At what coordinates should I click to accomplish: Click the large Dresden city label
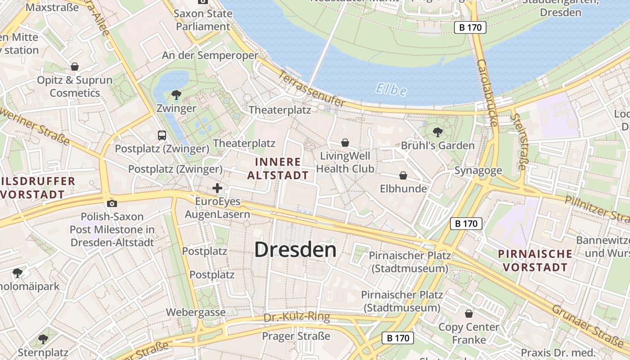pyautogui.click(x=295, y=249)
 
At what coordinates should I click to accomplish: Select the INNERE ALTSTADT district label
pyautogui.click(x=278, y=168)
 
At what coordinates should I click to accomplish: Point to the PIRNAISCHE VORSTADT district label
pyautogui.click(x=535, y=261)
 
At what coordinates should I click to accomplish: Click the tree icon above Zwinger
pyautogui.click(x=176, y=95)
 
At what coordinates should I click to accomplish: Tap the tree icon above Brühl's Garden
pyautogui.click(x=437, y=132)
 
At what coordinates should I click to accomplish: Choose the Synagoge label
pyautogui.click(x=478, y=171)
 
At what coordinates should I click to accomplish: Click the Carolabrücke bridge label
pyautogui.click(x=487, y=93)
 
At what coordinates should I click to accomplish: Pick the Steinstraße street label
pyautogui.click(x=518, y=141)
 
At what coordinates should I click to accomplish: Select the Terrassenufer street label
pyautogui.click(x=312, y=89)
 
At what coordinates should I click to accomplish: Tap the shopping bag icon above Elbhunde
pyautogui.click(x=403, y=175)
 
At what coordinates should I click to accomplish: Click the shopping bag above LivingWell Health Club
pyautogui.click(x=345, y=143)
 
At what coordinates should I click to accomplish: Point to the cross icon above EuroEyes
pyautogui.click(x=217, y=188)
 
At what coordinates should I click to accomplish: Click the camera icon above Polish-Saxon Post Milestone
pyautogui.click(x=112, y=203)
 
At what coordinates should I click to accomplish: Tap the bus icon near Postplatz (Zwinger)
pyautogui.click(x=162, y=135)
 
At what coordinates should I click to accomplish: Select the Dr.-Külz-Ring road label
pyautogui.click(x=297, y=318)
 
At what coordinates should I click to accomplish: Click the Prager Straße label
pyautogui.click(x=296, y=336)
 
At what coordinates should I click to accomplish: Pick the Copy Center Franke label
pyautogui.click(x=469, y=333)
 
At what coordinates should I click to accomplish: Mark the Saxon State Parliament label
pyautogui.click(x=203, y=20)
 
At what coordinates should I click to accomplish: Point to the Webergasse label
pyautogui.click(x=196, y=312)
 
